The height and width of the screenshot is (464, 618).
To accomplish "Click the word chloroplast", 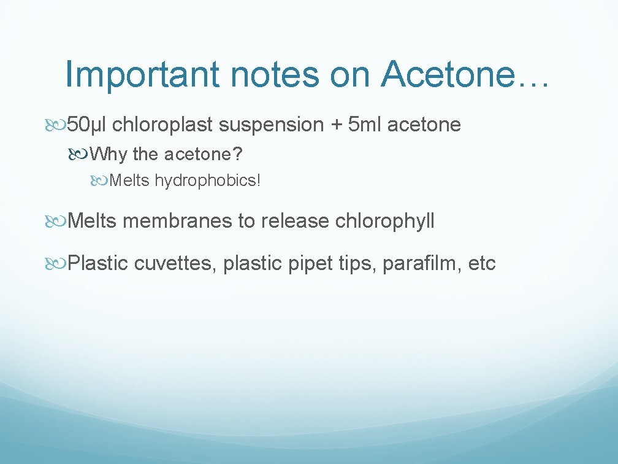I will click(x=162, y=125).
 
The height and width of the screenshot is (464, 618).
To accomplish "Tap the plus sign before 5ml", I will click(x=336, y=125).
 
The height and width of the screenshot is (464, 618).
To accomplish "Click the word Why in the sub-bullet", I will click(x=112, y=154).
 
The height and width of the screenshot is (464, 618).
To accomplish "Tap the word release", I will click(x=296, y=220).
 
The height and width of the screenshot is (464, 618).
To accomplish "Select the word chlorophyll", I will click(x=385, y=221).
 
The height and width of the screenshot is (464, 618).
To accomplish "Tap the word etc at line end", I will click(x=482, y=264).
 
